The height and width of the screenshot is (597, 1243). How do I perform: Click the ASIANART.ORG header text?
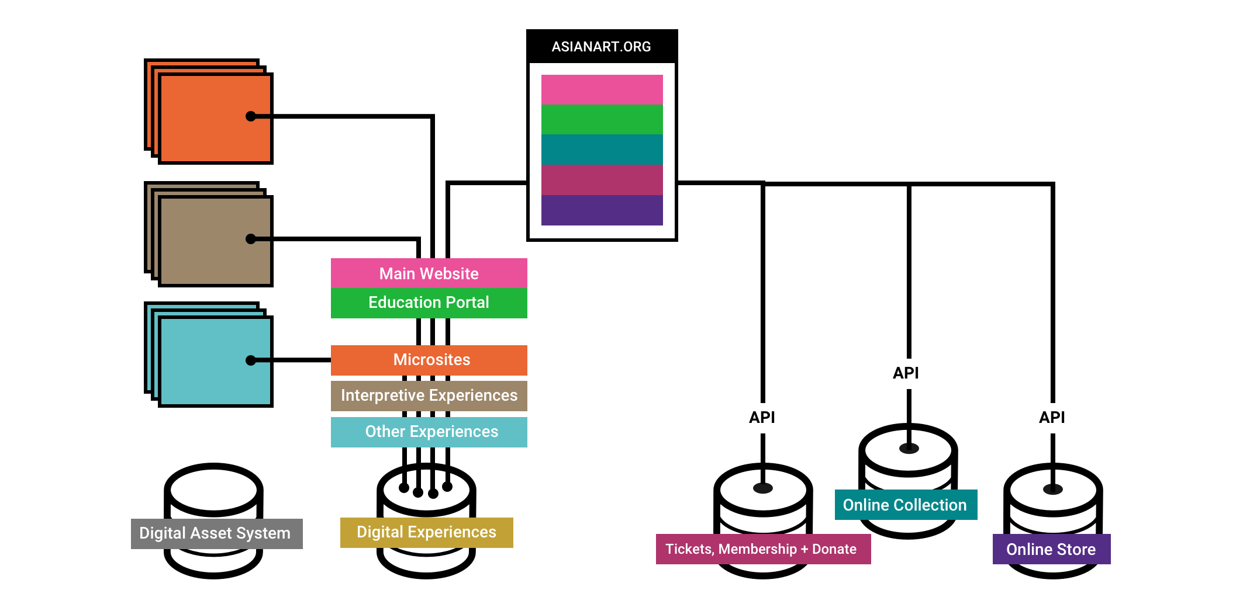click(601, 47)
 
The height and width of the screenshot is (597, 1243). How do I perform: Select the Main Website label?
click(429, 273)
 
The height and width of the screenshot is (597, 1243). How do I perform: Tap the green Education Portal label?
click(429, 303)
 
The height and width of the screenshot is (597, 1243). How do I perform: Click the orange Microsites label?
click(431, 360)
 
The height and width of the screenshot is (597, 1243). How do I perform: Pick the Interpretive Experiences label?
click(429, 395)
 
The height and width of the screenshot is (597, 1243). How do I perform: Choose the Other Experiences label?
click(431, 432)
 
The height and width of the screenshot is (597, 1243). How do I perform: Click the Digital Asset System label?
click(215, 533)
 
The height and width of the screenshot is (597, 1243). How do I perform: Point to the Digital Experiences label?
click(426, 532)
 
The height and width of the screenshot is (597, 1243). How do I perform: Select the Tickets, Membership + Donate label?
click(761, 549)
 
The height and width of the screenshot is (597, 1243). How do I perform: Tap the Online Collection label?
click(904, 505)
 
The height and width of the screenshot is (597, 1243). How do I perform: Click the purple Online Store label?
click(1051, 549)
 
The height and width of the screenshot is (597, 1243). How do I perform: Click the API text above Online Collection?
click(906, 373)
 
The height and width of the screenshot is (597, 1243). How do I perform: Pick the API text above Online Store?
click(1052, 417)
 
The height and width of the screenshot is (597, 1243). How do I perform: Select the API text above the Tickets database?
click(762, 417)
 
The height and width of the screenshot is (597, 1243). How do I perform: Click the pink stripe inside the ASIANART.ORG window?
click(602, 89)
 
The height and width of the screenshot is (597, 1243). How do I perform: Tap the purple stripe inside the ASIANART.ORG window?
click(602, 210)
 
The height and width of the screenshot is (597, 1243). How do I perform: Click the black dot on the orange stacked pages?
click(251, 116)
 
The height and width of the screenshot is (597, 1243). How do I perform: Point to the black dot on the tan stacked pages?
click(251, 239)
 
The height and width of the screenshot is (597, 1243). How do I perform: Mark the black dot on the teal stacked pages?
click(251, 360)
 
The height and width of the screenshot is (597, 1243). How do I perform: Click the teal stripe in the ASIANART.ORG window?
click(602, 150)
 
